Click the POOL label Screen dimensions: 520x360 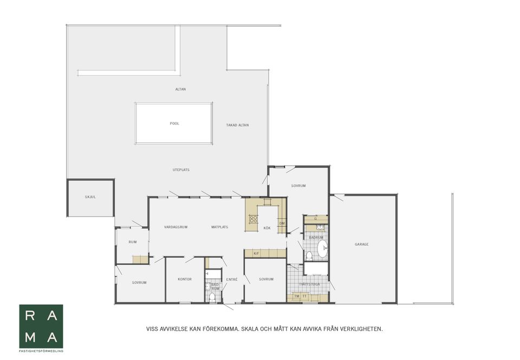tap(174, 123)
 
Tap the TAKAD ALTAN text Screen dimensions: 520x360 tap(237, 125)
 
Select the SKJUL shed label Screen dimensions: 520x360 tap(90, 197)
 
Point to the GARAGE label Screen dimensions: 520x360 tap(361, 244)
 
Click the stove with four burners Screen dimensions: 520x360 tap(253, 219)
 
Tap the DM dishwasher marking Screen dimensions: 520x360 tap(282, 224)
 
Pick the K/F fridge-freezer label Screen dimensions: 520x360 tap(256, 254)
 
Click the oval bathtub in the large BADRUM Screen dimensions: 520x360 tap(322, 250)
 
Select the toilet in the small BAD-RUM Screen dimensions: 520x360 tap(212, 297)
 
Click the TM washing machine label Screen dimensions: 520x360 tap(296, 296)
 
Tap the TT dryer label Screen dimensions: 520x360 tap(304, 296)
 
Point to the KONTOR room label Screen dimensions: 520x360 tap(185, 279)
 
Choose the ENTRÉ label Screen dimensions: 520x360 tap(232, 280)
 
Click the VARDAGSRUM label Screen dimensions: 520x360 tap(175, 227)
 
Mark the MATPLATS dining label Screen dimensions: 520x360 tap(219, 227)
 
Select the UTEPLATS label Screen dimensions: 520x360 tap(181, 170)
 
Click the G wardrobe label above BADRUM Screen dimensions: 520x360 tap(316, 219)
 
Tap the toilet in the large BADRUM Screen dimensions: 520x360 tap(309, 256)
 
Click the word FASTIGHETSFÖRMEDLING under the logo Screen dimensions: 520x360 tap(41, 351)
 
